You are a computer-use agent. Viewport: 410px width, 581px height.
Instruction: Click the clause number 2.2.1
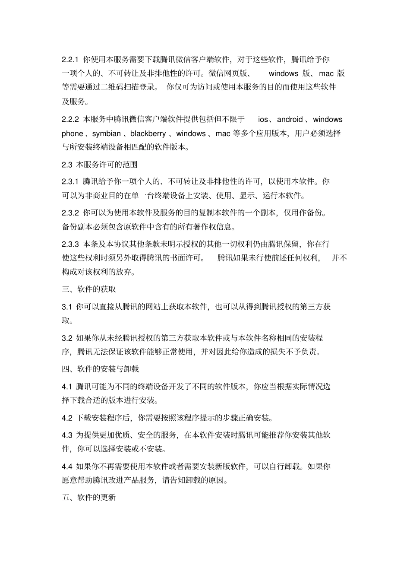tap(70, 59)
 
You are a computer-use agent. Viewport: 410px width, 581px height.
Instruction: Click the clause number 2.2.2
tap(70, 119)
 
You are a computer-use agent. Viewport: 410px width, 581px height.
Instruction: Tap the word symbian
tap(107, 133)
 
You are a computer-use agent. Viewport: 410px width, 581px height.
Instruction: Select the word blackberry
tap(148, 133)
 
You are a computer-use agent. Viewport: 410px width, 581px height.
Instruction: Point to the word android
tap(290, 119)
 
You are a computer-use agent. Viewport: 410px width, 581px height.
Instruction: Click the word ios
tap(263, 119)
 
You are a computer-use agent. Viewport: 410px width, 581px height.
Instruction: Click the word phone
tap(72, 133)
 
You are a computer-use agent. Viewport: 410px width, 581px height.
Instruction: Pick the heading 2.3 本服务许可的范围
tap(100, 164)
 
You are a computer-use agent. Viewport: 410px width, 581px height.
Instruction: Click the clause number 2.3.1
tap(70, 181)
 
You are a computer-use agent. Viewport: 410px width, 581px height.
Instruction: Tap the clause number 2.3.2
tap(70, 213)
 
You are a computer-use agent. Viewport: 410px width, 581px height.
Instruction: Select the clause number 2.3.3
tap(70, 244)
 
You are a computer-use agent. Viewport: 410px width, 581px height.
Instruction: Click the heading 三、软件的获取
tap(89, 289)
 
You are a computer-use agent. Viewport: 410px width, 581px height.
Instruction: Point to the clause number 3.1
tap(66, 307)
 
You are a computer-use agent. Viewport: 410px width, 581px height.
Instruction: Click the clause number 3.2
tap(66, 338)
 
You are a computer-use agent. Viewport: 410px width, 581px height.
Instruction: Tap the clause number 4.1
tap(66, 386)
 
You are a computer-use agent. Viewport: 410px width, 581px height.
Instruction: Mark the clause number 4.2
tap(66, 418)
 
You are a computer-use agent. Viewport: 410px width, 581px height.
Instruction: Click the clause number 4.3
tap(66, 435)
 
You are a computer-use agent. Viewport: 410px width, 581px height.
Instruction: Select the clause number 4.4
tap(66, 466)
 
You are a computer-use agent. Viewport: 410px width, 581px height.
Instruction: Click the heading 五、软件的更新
tap(89, 497)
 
